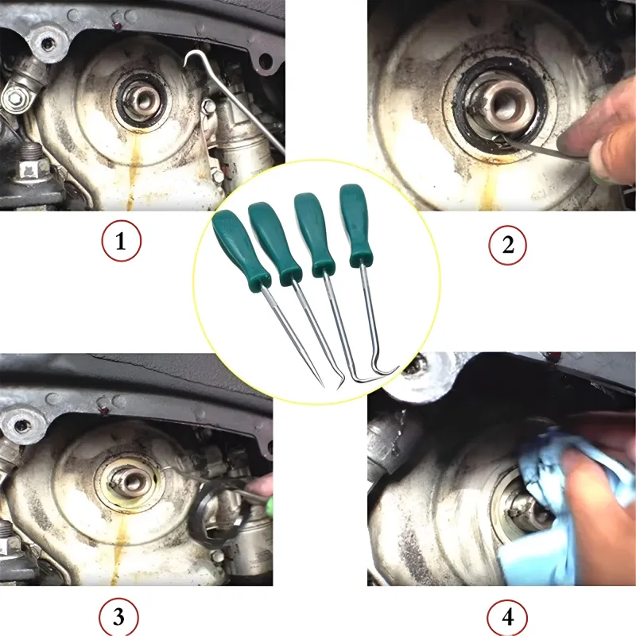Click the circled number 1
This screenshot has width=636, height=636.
pos(122,241)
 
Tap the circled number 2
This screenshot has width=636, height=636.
pos(508,245)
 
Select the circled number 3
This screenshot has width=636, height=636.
pos(118,617)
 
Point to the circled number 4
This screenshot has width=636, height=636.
pos(507,618)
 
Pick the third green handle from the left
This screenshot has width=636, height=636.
pos(313,234)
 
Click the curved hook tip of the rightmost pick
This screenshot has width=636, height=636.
pos(394,369)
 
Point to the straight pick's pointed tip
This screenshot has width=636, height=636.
pos(323,386)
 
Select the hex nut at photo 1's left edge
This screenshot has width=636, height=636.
pos(14,98)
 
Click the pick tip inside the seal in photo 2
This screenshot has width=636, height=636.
pos(499,139)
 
